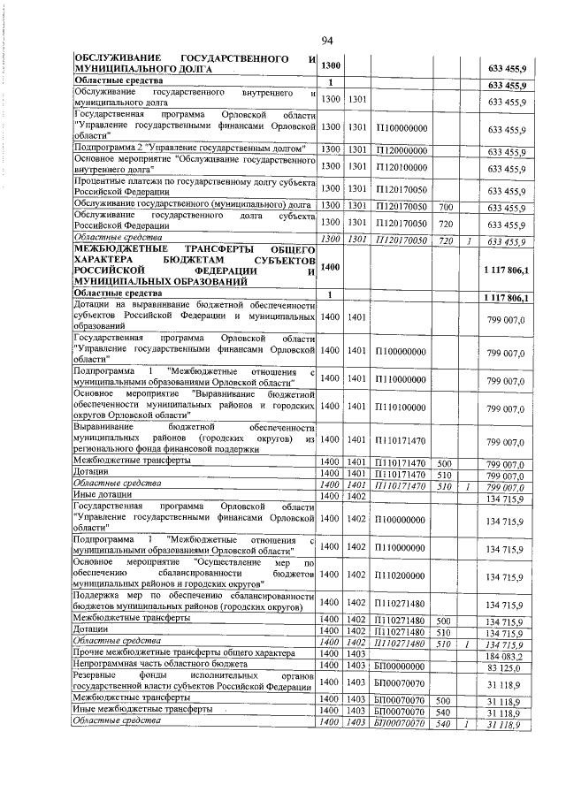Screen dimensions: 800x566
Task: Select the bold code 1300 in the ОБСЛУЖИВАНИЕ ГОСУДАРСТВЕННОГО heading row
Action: (330, 66)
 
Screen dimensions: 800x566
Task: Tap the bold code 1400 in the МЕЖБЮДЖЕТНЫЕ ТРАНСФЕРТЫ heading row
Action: (330, 266)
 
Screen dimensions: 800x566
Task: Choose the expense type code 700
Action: (446, 207)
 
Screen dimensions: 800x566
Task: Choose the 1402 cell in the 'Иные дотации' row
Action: (356, 496)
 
